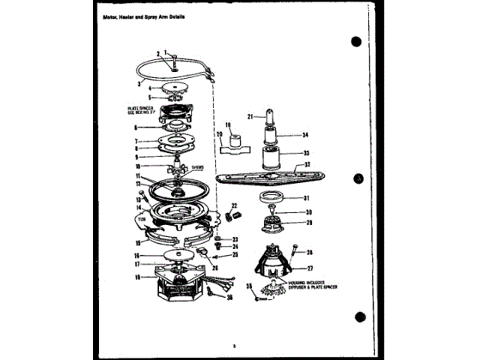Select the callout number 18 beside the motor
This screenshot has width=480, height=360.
(136, 277)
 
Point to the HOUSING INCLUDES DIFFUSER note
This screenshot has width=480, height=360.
(310, 286)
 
